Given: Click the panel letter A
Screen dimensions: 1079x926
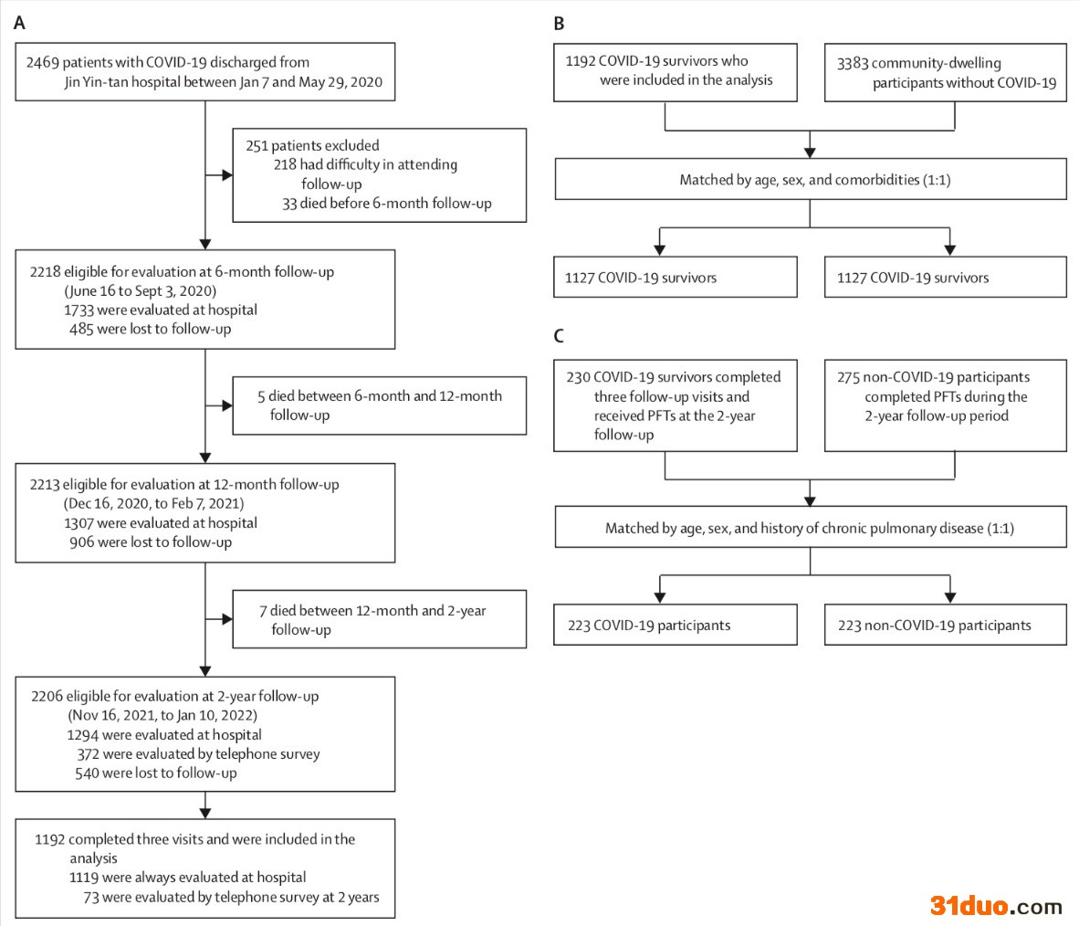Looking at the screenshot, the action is point(19,24).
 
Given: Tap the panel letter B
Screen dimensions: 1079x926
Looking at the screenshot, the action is point(559,24).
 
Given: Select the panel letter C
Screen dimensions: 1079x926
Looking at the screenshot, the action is point(559,336).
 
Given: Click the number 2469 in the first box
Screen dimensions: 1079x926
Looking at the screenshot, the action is point(43,63).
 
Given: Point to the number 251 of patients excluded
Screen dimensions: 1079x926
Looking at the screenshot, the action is point(257,146).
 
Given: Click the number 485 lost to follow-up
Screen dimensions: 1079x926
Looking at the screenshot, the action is point(81,329).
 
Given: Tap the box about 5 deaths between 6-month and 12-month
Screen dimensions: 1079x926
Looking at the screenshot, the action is point(379,405).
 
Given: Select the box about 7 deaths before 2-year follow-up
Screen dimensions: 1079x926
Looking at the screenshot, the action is point(379,619).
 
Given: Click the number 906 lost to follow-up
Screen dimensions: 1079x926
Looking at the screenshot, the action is point(81,542).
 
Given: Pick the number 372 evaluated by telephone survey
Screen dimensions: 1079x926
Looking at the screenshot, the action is point(88,754).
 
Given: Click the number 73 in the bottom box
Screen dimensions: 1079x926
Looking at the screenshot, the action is point(91,898).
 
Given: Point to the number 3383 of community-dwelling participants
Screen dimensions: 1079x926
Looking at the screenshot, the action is point(853,63).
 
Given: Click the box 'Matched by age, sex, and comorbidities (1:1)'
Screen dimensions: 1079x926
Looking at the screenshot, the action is point(811,180).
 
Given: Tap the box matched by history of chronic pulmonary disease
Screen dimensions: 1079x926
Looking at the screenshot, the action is point(811,527).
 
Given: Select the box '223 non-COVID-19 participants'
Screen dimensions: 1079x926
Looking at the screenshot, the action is point(946,625).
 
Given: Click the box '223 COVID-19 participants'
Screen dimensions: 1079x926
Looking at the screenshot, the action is point(676,625).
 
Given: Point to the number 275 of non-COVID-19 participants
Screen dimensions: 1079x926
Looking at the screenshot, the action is point(848,377).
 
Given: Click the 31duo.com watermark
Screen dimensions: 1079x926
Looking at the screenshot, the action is point(996,905).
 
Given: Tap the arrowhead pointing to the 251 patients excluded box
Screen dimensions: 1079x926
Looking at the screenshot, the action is point(227,174).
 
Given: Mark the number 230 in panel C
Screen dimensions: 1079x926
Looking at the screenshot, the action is point(578,377).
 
